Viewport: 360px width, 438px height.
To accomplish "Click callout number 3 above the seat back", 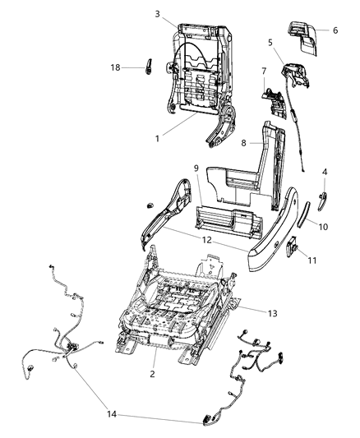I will pyautogui.click(x=157, y=14).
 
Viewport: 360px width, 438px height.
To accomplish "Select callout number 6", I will pyautogui.click(x=335, y=30).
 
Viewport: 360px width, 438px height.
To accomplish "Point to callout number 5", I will pyautogui.click(x=270, y=42).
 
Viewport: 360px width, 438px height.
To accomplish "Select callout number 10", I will pyautogui.click(x=323, y=225).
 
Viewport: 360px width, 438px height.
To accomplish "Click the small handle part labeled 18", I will pyautogui.click(x=149, y=67).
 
